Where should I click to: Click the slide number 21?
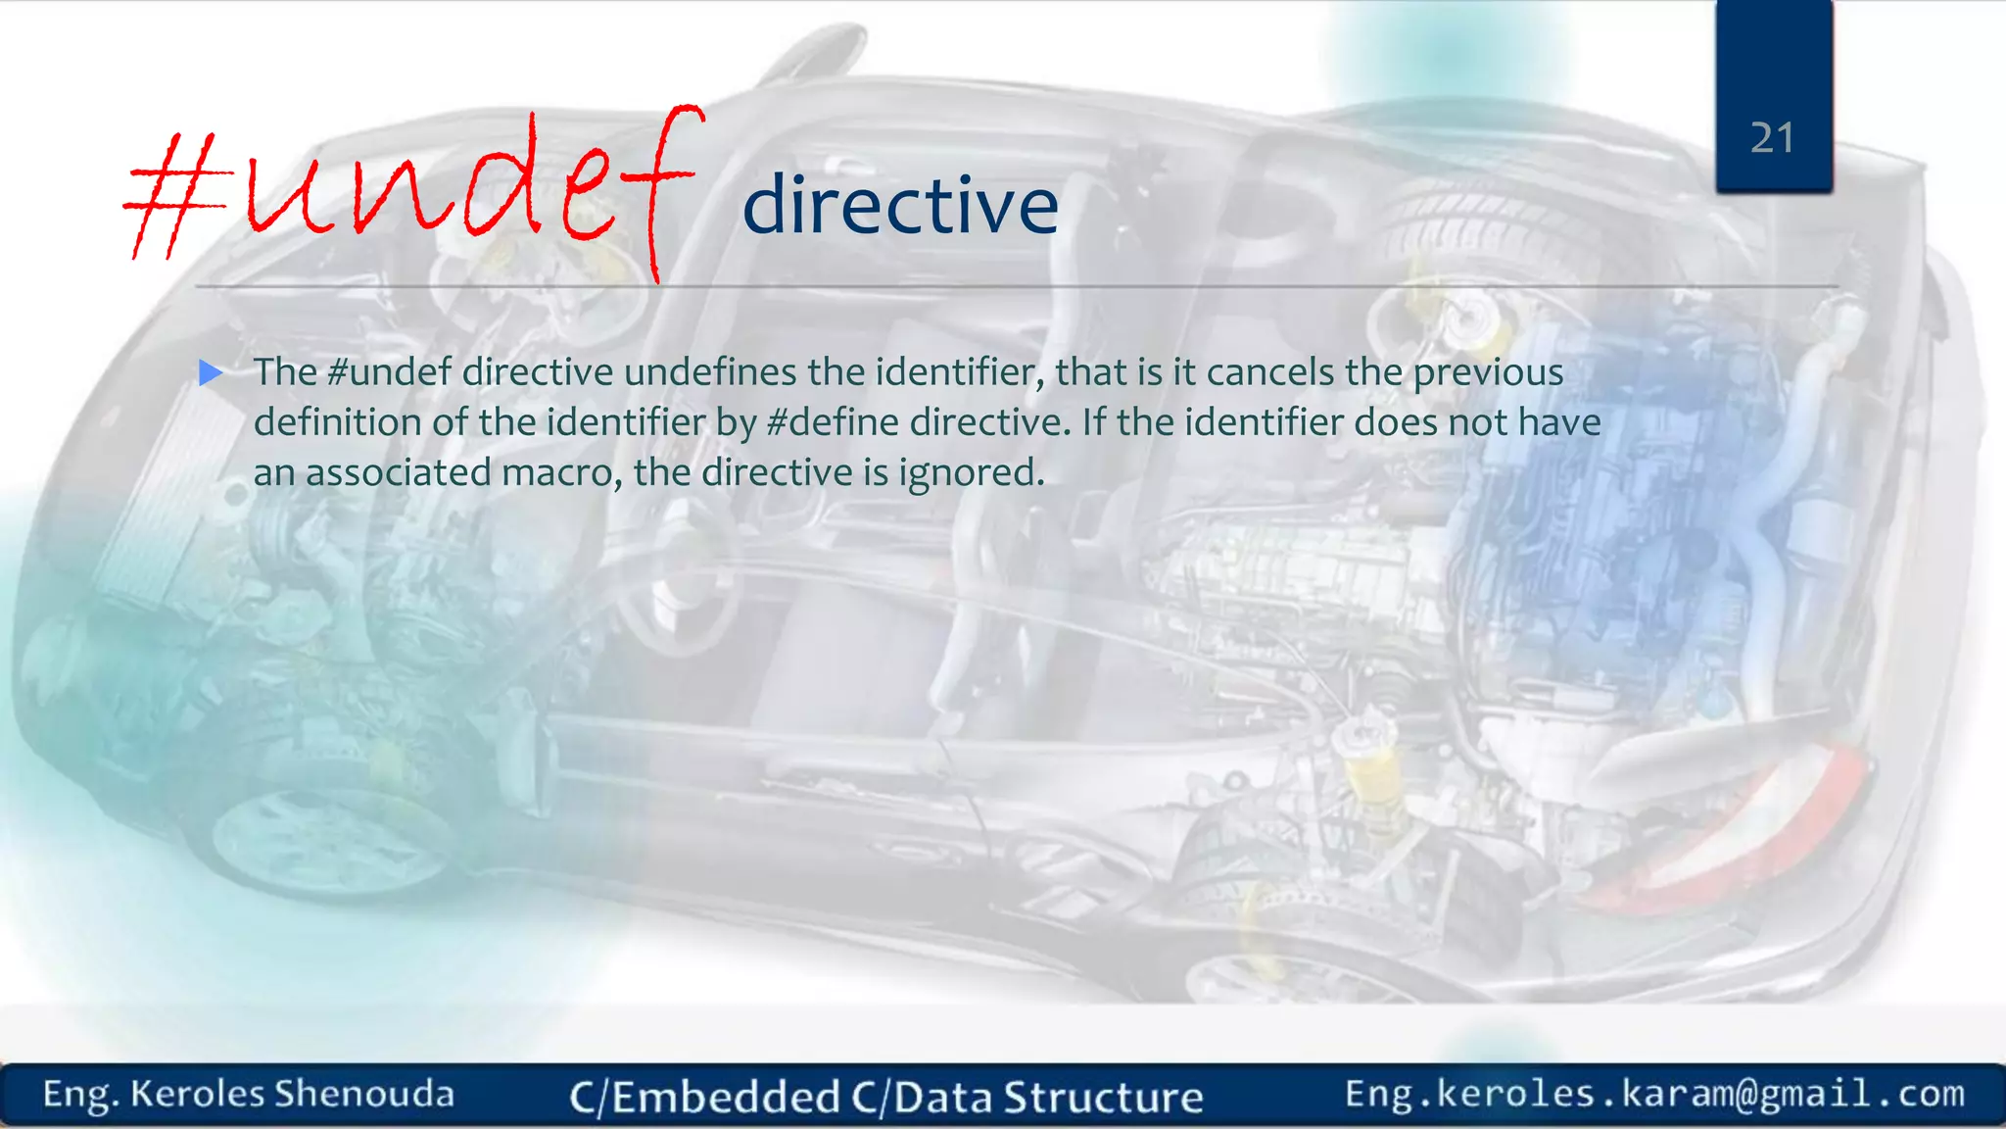click(x=1772, y=138)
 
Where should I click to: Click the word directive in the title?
click(x=900, y=205)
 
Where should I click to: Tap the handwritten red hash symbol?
click(x=176, y=196)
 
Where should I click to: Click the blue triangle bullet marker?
click(x=211, y=372)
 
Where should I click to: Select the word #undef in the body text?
click(x=389, y=372)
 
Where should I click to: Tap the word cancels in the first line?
click(x=1269, y=372)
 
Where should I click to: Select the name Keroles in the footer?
click(x=197, y=1094)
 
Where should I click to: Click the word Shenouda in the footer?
click(x=363, y=1094)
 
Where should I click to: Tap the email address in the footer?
click(x=1653, y=1094)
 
